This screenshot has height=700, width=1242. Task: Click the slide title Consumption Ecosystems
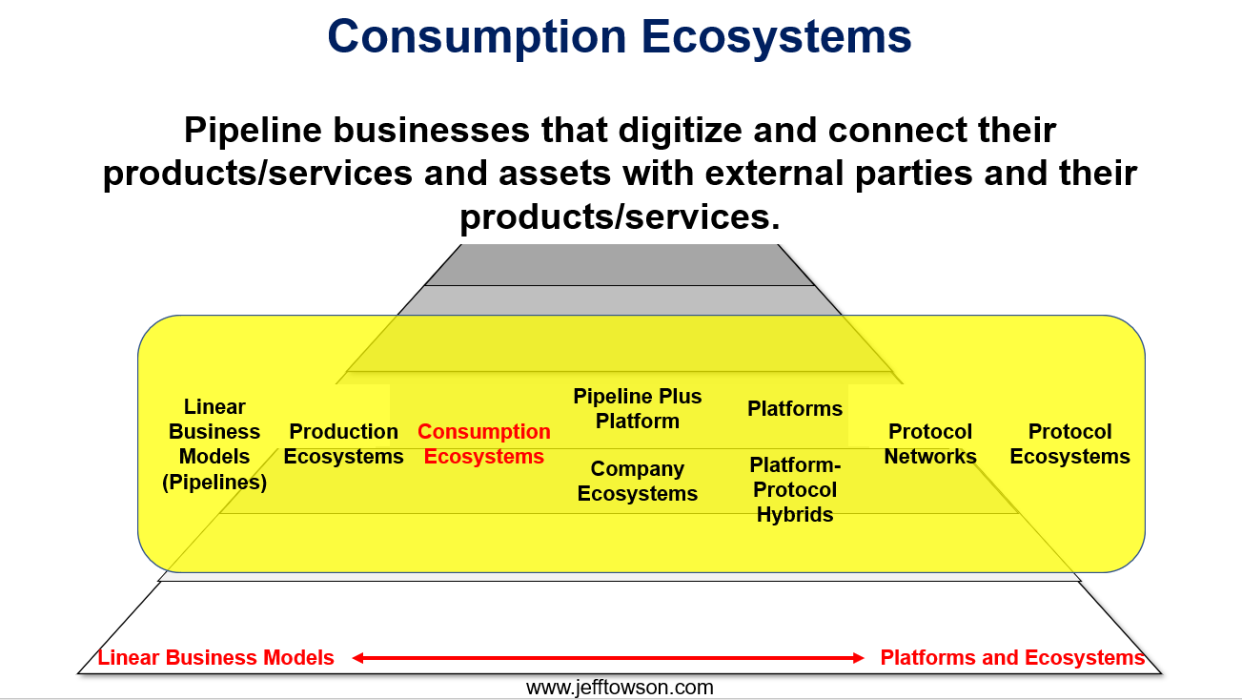[620, 36]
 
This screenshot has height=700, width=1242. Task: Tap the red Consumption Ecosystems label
[484, 443]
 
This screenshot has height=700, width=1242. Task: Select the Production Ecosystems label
[344, 443]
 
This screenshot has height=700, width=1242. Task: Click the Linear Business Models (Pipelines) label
[214, 444]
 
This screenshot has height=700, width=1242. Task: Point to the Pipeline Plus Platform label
[638, 408]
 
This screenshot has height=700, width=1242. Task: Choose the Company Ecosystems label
[638, 481]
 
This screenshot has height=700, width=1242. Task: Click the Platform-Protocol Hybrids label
[795, 490]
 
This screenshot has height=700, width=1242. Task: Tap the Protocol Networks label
[930, 443]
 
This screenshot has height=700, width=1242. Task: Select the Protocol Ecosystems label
[1070, 443]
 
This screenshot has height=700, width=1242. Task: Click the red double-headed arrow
[608, 658]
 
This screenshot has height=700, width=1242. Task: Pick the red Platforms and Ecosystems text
[1012, 658]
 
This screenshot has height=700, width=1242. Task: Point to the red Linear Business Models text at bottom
[215, 658]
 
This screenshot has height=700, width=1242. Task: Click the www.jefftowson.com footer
[620, 688]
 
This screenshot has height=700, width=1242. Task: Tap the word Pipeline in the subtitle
[253, 131]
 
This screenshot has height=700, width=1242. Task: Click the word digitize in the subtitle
[681, 131]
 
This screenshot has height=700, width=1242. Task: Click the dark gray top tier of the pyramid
[620, 265]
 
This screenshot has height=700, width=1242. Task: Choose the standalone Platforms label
[795, 409]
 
